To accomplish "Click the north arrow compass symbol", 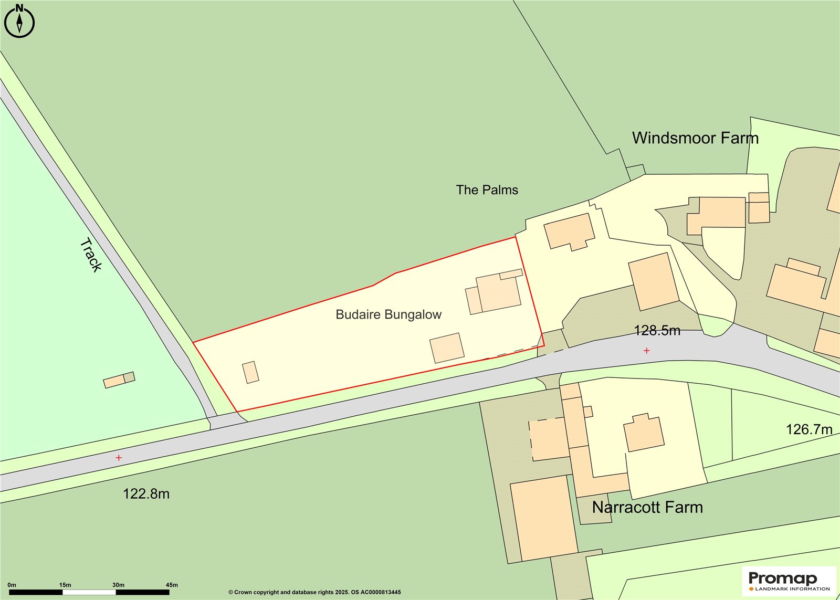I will [19, 22].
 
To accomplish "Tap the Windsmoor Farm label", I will [695, 138].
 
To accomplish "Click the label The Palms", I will [487, 190].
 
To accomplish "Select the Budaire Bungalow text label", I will [388, 314].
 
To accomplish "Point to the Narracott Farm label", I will [647, 507].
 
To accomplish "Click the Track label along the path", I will [91, 255].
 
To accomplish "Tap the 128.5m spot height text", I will [657, 331].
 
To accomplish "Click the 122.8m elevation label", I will [146, 494].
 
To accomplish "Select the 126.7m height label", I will [808, 429].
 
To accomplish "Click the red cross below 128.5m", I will [646, 350].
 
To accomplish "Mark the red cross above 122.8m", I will [119, 458].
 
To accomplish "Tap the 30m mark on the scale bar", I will [118, 585].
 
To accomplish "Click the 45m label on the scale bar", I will [172, 585].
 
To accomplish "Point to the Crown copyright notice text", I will [314, 592].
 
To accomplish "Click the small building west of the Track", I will [119, 380].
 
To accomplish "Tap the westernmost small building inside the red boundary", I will [250, 372].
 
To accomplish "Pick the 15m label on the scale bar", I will [65, 585].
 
